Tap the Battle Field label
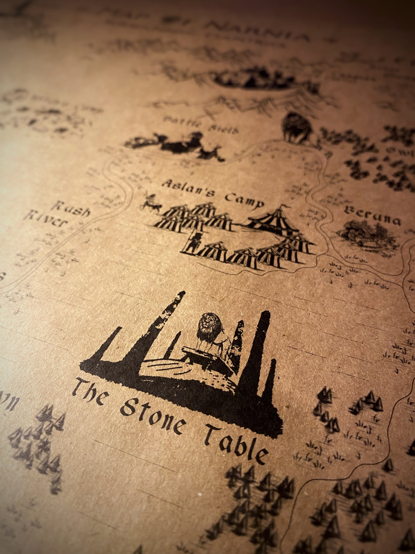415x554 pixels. click(x=201, y=126)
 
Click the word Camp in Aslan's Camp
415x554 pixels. click(x=244, y=200)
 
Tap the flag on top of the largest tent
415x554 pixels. click(x=284, y=206)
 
